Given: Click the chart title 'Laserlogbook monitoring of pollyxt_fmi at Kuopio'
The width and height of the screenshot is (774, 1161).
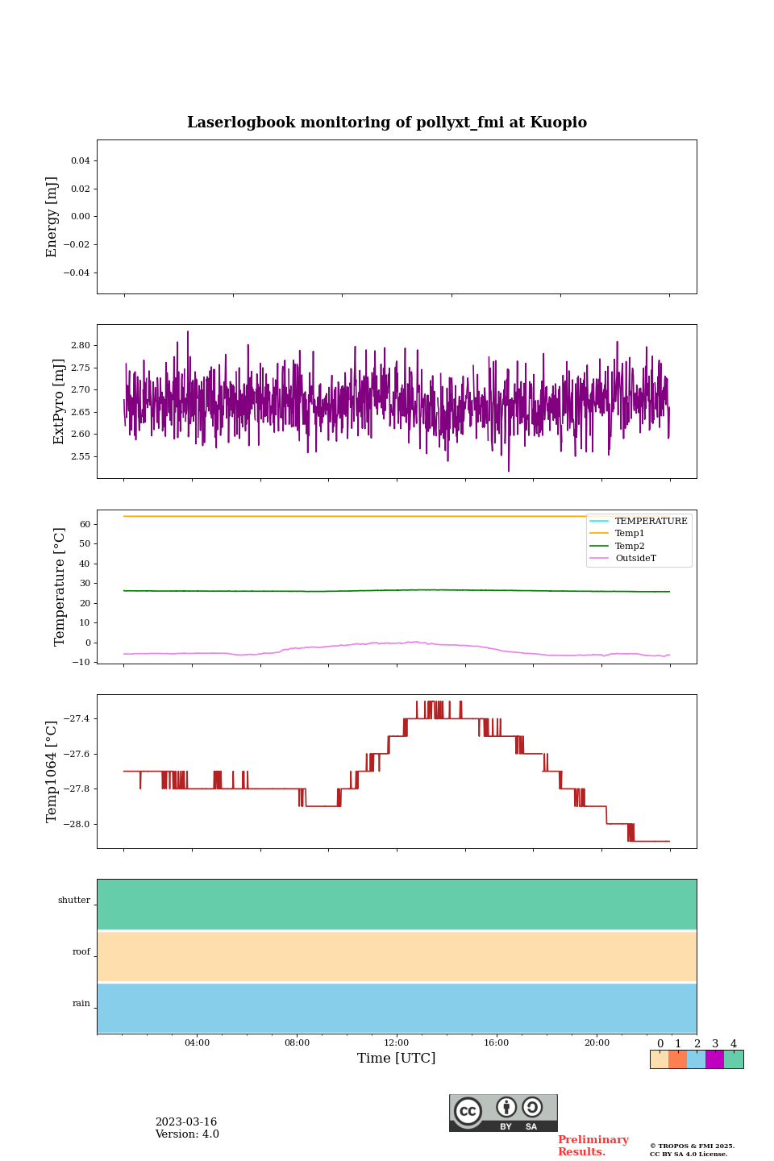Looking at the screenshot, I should [387, 123].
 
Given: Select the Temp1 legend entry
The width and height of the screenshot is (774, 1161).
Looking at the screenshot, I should [630, 534].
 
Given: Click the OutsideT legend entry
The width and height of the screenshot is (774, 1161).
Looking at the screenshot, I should [635, 559].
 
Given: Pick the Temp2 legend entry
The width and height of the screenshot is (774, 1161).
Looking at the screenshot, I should [630, 546].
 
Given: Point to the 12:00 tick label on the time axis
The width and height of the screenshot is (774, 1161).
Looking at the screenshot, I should [397, 1043].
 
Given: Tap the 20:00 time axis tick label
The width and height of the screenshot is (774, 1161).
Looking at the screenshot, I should [597, 1043].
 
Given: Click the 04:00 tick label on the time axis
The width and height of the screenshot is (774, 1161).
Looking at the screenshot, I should [197, 1043].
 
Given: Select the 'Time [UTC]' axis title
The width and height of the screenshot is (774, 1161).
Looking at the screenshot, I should [397, 1059].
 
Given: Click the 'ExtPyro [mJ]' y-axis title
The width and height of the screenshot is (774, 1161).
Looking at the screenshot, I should [59, 402].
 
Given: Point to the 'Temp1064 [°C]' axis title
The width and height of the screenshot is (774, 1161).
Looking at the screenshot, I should [52, 772].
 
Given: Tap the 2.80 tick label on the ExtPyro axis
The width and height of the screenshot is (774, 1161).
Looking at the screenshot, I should [80, 345].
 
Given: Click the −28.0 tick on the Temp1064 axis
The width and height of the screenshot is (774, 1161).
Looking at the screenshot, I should [77, 824].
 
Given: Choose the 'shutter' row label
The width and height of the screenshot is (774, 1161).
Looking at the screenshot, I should [74, 901].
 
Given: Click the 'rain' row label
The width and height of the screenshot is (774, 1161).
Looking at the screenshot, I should [81, 1004].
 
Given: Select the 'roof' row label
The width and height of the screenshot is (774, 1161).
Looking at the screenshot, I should [81, 952].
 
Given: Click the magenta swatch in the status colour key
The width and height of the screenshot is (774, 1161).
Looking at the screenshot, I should [714, 1059].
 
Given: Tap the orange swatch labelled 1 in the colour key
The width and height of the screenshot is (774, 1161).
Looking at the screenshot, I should [677, 1059].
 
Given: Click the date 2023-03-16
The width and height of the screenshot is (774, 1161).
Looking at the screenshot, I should [186, 1122].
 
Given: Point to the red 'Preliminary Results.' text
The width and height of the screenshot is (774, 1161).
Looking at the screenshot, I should [593, 1146].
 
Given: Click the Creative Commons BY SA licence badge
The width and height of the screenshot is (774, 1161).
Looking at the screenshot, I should [503, 1113].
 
